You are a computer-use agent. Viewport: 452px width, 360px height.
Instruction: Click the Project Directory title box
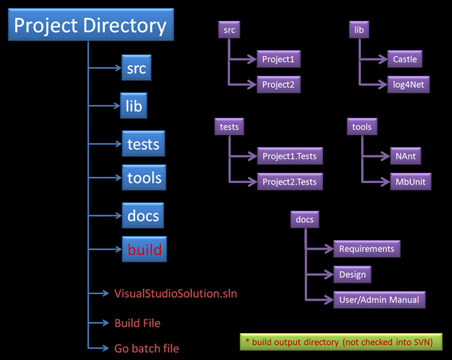tap(91, 25)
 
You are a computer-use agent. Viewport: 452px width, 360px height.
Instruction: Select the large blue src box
tap(136, 67)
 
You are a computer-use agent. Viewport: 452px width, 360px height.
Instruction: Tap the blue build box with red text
tap(145, 249)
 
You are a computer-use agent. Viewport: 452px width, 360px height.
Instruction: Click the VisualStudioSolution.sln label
tap(175, 294)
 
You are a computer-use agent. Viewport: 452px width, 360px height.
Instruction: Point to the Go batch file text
tap(146, 349)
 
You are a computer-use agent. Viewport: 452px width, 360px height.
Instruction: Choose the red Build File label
tap(137, 323)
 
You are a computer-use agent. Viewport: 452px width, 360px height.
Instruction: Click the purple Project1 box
tap(278, 59)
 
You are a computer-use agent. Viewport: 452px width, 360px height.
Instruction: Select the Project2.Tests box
tap(289, 181)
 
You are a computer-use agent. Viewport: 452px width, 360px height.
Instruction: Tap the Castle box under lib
tap(405, 59)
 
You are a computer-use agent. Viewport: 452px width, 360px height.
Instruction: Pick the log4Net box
tap(409, 85)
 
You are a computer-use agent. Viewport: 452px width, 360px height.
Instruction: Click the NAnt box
tap(406, 156)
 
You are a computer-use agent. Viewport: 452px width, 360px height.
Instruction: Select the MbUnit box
tap(411, 181)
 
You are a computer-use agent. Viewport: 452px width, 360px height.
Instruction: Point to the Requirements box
tap(367, 249)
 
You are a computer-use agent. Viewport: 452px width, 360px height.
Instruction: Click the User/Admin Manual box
tap(379, 300)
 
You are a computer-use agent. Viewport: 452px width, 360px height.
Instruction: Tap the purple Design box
tap(352, 274)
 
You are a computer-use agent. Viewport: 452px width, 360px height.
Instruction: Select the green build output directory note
tap(341, 342)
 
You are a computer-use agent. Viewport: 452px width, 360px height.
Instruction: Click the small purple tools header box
tap(362, 127)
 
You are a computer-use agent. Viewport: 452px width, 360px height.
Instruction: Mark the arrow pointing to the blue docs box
tap(105, 215)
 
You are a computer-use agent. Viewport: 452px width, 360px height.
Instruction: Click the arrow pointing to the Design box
tap(319, 274)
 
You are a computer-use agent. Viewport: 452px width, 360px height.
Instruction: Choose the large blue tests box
tap(143, 144)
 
